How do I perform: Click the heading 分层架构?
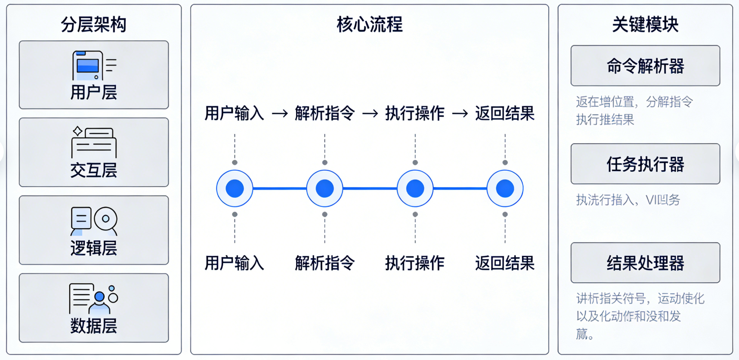tap(94, 25)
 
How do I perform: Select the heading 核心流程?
tap(369, 25)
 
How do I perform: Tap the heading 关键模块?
tap(645, 25)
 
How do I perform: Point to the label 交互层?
tap(94, 170)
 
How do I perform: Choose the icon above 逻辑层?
tap(94, 221)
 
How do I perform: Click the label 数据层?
tap(94, 326)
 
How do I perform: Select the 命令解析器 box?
tap(645, 66)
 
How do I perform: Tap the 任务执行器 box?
tap(645, 164)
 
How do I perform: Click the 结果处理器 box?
tap(645, 263)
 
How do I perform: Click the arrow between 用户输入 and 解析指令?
tap(280, 113)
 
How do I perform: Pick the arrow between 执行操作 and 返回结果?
tap(460, 113)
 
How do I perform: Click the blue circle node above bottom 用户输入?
tap(235, 189)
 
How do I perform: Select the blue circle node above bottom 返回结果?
tap(505, 189)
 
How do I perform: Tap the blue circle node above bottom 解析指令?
tap(325, 189)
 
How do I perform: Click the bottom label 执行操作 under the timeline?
tap(415, 263)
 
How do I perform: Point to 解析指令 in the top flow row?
tap(325, 113)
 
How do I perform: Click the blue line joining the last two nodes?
tap(460, 189)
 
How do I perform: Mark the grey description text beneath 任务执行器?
tap(628, 200)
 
